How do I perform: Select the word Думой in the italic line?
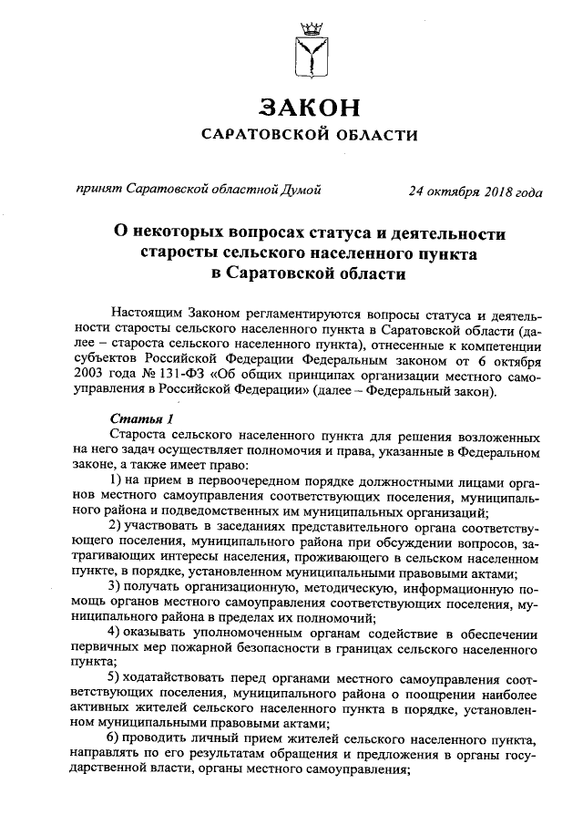pyautogui.click(x=301, y=190)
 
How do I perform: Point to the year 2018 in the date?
pyautogui.click(x=493, y=191)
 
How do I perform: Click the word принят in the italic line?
pyautogui.click(x=99, y=190)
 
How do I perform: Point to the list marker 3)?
pyautogui.click(x=117, y=583)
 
